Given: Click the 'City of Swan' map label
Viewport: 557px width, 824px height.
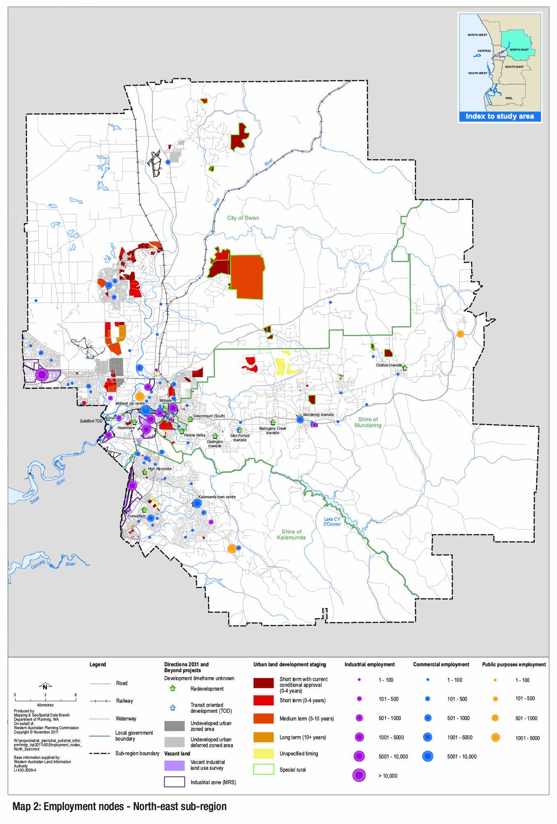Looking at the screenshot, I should pos(243,218).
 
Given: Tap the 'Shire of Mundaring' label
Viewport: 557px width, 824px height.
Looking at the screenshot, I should pos(368,422).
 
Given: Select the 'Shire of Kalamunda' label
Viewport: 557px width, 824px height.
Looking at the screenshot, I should pos(291,534).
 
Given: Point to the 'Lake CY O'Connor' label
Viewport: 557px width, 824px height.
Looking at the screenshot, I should pos(332,522).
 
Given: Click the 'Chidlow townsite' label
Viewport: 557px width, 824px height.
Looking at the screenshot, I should pos(389,365).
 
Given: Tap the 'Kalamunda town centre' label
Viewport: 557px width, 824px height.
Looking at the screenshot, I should pos(217,497).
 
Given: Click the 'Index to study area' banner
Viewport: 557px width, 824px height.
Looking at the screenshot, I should pos(499,117).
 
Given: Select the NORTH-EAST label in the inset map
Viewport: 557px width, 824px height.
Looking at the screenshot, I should pos(519,50).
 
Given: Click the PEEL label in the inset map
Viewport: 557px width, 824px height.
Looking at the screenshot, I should pos(509,98).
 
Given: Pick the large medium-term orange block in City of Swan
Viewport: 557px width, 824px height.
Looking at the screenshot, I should pos(247,277).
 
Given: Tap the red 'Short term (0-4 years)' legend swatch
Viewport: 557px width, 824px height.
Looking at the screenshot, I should pos(263,700).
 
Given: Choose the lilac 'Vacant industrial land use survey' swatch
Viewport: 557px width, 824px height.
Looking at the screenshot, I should pos(174,765).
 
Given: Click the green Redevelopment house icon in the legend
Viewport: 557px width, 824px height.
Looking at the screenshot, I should pos(173,689).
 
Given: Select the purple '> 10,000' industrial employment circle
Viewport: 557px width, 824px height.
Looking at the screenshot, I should pos(359,776).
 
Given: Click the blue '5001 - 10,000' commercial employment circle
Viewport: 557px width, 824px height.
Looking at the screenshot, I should pos(428,756).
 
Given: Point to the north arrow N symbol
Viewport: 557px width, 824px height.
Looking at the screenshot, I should pos(45,687).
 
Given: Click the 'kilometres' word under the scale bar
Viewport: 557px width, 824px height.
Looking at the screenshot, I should pos(45,705).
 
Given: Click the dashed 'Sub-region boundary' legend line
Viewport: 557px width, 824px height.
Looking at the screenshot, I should pos(99,753).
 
